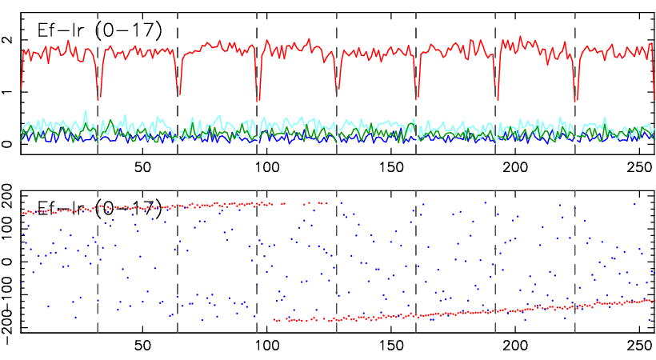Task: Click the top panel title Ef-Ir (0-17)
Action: pyautogui.click(x=100, y=30)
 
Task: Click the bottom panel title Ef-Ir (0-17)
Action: pyautogui.click(x=100, y=210)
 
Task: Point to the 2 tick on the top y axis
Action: pyautogui.click(x=7, y=40)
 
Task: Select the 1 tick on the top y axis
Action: pyautogui.click(x=7, y=93)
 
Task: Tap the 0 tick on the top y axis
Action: pyautogui.click(x=7, y=145)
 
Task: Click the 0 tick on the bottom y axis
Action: pyautogui.click(x=7, y=262)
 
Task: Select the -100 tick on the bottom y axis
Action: pyautogui.click(x=7, y=295)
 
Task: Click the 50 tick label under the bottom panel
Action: pyautogui.click(x=142, y=348)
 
